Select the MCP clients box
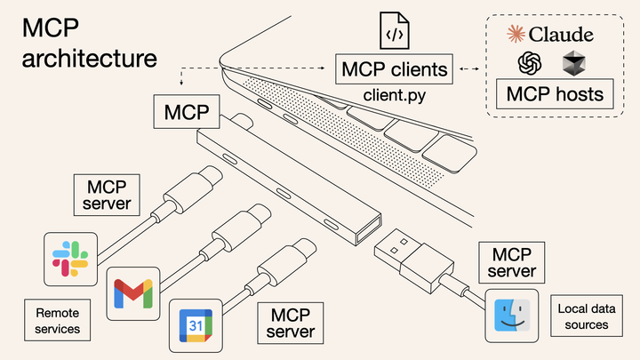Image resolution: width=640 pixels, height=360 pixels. click(x=392, y=68)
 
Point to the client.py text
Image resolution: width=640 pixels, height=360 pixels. click(x=392, y=92)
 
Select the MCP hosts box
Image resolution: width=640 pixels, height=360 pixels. click(x=554, y=94)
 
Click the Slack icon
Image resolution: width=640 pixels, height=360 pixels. click(x=70, y=259)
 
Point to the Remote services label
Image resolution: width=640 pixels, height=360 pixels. click(x=58, y=321)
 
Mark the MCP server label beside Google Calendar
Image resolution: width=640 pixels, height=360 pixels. click(x=289, y=324)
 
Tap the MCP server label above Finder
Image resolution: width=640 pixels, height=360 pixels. click(x=511, y=260)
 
